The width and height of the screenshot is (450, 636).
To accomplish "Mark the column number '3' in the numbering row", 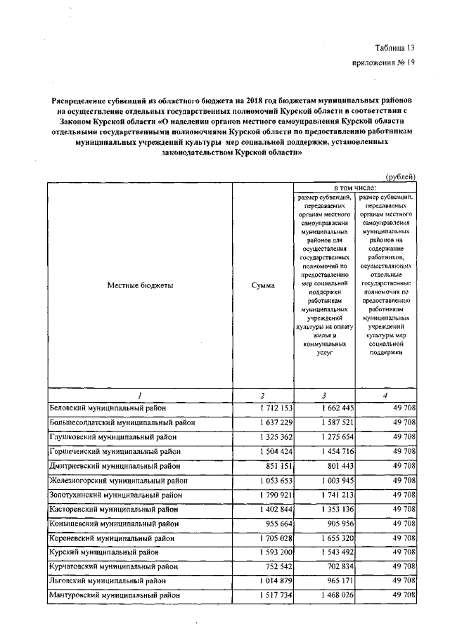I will pyautogui.click(x=323, y=395).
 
